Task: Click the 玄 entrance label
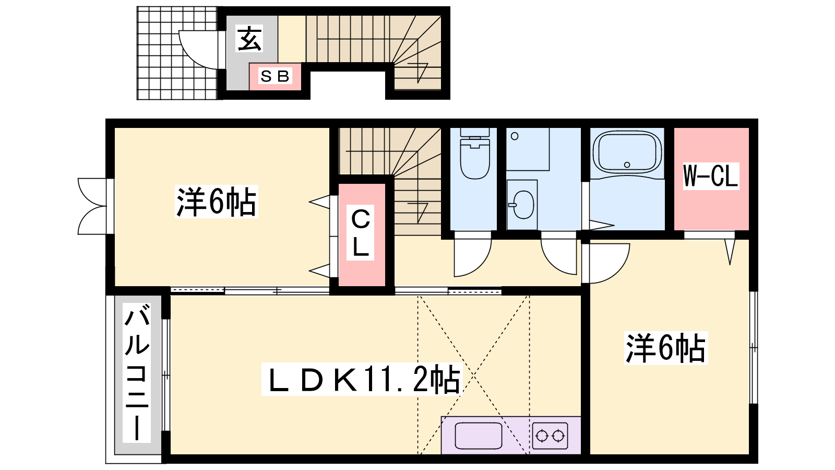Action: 250,38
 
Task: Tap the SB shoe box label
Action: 275,76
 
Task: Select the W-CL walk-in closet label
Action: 711,175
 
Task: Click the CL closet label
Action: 360,233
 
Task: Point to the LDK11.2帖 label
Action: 362,378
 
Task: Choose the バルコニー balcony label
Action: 137,372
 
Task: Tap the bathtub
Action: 627,151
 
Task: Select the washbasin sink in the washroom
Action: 523,205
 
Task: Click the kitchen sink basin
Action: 479,436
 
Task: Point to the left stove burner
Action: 542,436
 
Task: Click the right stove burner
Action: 558,436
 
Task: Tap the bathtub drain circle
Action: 627,164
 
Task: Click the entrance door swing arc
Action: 190,56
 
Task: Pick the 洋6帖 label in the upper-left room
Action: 217,202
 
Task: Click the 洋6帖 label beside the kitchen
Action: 666,348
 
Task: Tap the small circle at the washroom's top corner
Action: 515,136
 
